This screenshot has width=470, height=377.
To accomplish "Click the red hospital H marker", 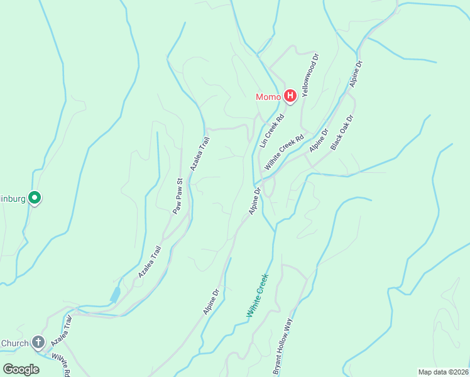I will pos(290,96).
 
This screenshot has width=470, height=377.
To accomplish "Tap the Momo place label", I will pos(268,97).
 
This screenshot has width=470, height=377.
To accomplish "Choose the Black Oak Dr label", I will pos(342,133).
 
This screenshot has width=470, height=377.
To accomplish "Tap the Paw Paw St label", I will pos(178,197).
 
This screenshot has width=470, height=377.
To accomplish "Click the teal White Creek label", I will pos(258,295).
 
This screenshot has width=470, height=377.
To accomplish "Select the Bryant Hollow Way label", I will pos(283,347).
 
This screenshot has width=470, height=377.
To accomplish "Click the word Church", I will pos(14,343).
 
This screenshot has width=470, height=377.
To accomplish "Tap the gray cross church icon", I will pos(38,342).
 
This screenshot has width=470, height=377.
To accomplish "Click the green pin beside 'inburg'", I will pos(36,199).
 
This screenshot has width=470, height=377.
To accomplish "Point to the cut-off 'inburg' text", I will pos(12,199).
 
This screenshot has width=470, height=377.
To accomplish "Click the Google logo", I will pos(21,369).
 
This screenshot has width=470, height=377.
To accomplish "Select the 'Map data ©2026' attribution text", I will pos(443,371).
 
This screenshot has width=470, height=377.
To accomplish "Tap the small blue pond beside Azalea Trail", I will pos(115,295).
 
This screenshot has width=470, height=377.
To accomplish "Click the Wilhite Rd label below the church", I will pos(61,364).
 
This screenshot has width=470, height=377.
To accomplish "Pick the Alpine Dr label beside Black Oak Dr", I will pos(319,141).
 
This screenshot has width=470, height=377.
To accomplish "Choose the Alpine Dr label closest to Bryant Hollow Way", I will pos(212,302).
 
